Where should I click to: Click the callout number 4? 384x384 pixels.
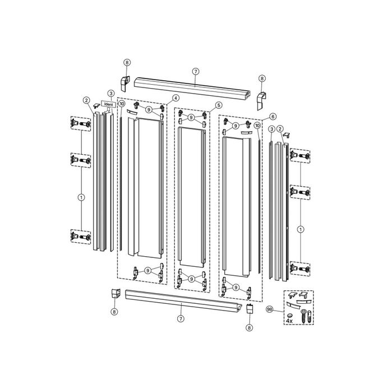pos(175,98)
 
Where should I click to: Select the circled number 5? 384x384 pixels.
pos(218,105)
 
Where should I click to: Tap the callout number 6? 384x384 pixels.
pos(272,117)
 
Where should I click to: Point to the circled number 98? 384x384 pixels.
pos(270,309)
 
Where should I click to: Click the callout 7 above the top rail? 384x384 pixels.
pos(195,71)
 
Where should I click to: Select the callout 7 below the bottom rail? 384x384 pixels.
pos(181,318)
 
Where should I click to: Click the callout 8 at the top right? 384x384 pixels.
pos(262,79)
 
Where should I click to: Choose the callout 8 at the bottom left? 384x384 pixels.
pos(114,311)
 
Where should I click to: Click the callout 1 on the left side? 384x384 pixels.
pos(81,197)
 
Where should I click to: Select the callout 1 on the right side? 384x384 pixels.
pos(300,229)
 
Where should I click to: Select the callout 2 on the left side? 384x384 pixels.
pos(86,100)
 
